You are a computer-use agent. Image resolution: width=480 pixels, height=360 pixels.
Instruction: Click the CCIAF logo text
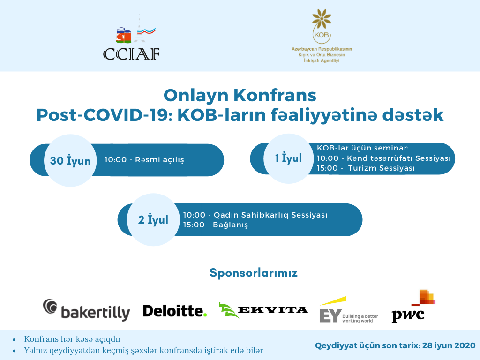[x=131, y=54]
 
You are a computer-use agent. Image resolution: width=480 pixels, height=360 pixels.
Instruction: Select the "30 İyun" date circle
[x=70, y=160]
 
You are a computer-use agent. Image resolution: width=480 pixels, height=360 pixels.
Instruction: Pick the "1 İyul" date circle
[x=288, y=158]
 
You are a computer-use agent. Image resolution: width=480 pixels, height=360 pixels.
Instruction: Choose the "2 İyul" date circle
[x=153, y=219]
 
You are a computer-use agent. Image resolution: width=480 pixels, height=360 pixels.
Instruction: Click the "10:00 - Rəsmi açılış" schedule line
[x=144, y=160]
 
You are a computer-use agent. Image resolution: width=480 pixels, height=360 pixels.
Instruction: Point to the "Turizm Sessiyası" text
[x=381, y=168]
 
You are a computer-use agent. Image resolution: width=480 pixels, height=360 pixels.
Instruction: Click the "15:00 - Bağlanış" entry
[x=216, y=225]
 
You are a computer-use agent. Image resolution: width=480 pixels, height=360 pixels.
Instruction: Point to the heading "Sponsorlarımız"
[x=254, y=273]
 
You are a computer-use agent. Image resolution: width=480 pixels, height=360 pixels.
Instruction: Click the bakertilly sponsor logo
[x=87, y=310]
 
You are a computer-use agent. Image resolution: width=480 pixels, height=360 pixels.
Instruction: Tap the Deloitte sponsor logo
[x=175, y=311]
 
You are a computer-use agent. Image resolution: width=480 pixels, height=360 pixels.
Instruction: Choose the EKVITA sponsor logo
[x=263, y=310]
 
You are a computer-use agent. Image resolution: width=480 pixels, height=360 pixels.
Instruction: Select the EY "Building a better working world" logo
[x=349, y=309]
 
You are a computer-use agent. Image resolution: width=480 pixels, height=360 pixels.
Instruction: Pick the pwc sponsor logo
[x=413, y=306]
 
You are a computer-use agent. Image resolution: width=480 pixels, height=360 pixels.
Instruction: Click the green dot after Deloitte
[x=205, y=315]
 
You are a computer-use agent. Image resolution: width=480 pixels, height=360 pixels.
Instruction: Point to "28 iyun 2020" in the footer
[x=449, y=345]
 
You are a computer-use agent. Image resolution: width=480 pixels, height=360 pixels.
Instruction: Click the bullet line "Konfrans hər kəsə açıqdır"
[x=73, y=339]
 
